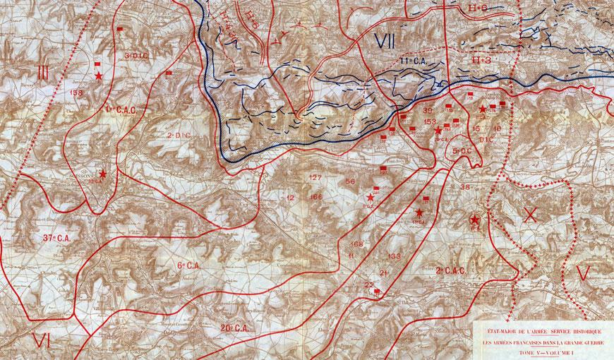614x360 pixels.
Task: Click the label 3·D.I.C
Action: (x=135, y=54)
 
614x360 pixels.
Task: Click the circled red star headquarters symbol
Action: (x=475, y=222)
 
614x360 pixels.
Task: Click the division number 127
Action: (x=315, y=176)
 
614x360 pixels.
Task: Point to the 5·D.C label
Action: (x=462, y=152)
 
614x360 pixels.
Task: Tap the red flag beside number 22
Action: (x=378, y=291)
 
